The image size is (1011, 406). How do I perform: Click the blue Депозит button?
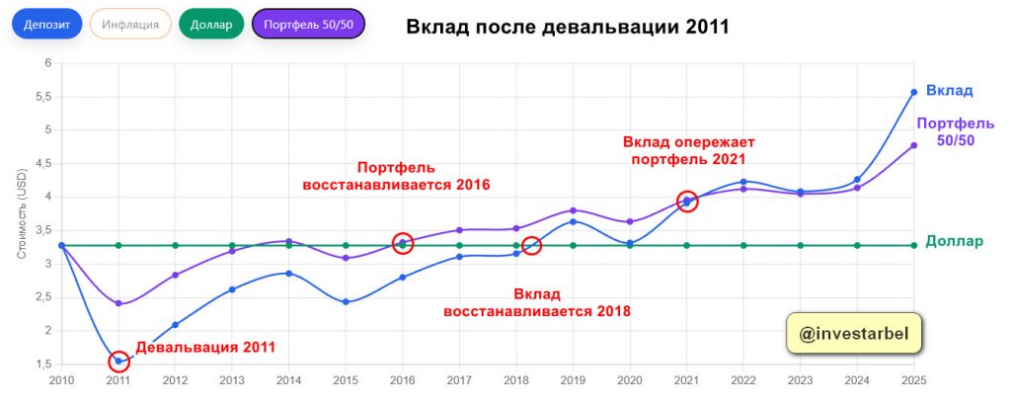[46, 24]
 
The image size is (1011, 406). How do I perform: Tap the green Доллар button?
[211, 24]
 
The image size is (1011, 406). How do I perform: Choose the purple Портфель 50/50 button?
[309, 24]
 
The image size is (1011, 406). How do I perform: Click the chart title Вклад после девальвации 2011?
[568, 27]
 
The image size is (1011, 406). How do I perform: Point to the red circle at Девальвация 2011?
[118, 361]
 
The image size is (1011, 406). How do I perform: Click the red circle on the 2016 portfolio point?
[402, 242]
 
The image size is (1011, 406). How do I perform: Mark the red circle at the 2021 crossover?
[687, 201]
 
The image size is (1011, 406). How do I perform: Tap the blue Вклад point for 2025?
[914, 92]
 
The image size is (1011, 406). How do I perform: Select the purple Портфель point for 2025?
[914, 145]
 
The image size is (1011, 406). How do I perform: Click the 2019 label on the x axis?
[573, 380]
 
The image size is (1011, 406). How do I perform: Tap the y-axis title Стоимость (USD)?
[22, 211]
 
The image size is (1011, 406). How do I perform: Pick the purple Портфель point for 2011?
[118, 303]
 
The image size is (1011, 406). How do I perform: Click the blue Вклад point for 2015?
[346, 301]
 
